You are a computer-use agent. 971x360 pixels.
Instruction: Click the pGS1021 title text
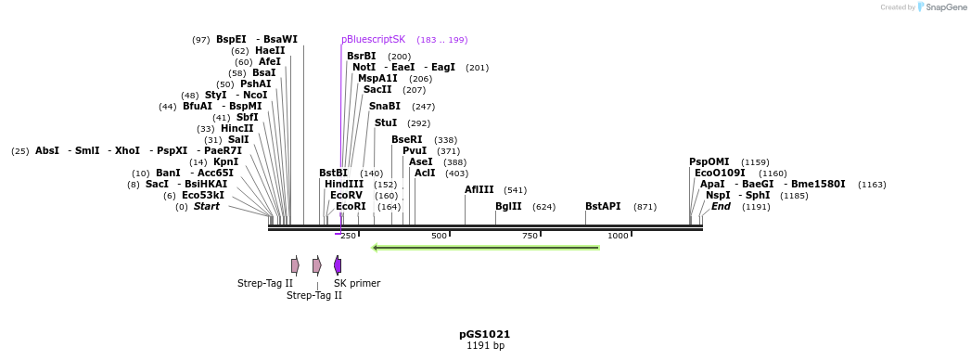pyautogui.click(x=484, y=334)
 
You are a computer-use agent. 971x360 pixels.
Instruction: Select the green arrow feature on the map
pyautogui.click(x=485, y=248)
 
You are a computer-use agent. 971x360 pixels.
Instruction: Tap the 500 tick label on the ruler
pyautogui.click(x=439, y=236)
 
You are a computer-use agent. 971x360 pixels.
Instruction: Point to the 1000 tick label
pyautogui.click(x=618, y=236)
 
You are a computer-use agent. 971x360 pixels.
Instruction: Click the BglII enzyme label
pyautogui.click(x=508, y=207)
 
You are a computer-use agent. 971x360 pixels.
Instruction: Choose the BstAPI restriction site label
pyautogui.click(x=603, y=207)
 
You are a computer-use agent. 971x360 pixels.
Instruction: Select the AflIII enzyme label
pyautogui.click(x=479, y=189)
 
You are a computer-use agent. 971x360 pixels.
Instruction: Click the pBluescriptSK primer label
pyautogui.click(x=373, y=40)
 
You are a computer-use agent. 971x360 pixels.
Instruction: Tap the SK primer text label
pyautogui.click(x=357, y=284)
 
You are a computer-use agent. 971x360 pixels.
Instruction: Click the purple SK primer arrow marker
pyautogui.click(x=338, y=265)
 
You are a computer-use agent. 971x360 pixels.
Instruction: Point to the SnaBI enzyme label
pyautogui.click(x=384, y=107)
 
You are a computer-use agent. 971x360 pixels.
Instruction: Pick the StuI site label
pyautogui.click(x=386, y=122)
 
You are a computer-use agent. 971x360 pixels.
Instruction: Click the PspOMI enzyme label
pyautogui.click(x=709, y=161)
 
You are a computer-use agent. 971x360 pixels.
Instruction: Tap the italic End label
pyautogui.click(x=721, y=206)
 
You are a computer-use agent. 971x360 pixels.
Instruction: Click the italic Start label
pyautogui.click(x=206, y=206)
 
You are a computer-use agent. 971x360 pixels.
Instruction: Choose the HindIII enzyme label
pyautogui.click(x=344, y=184)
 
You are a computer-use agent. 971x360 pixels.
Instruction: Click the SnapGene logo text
pyautogui.click(x=943, y=7)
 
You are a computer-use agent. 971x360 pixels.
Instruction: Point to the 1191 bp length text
pyautogui.click(x=485, y=346)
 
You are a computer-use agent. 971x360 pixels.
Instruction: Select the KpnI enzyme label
pyautogui.click(x=225, y=161)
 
